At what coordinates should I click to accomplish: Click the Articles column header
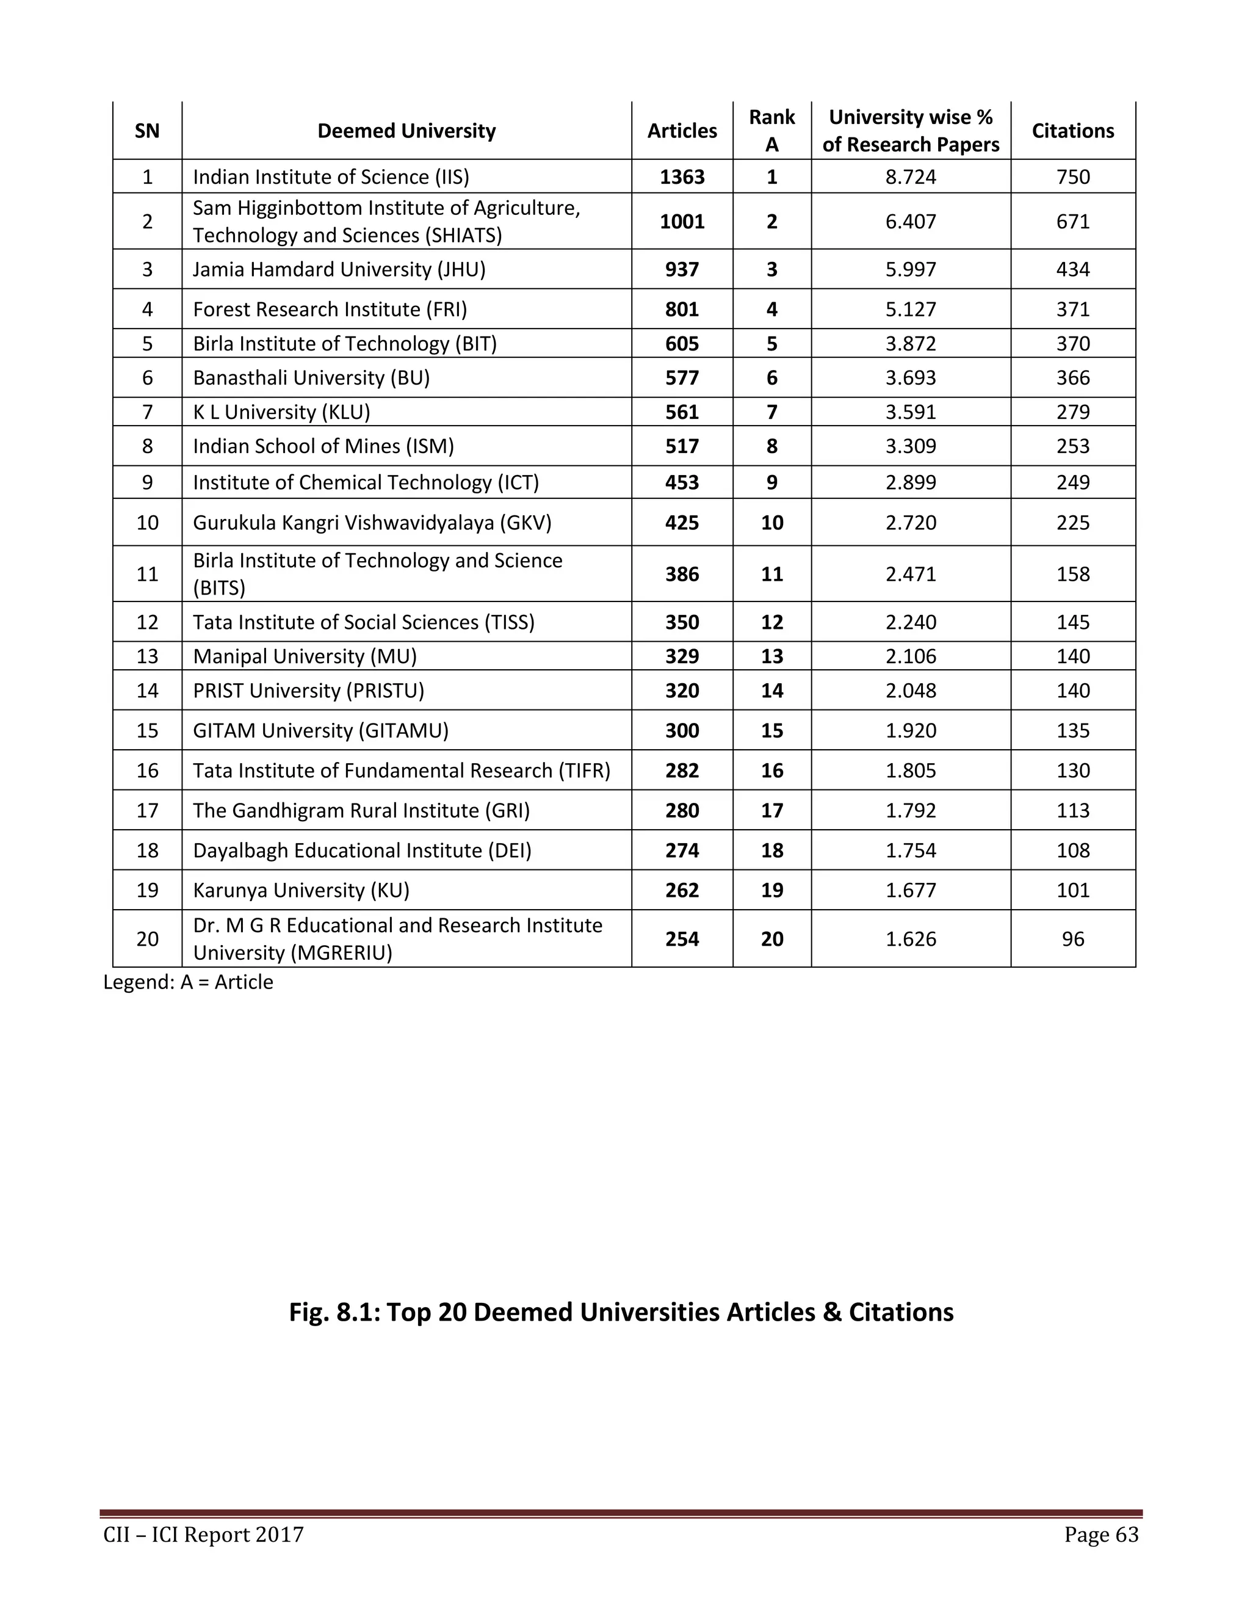(x=681, y=131)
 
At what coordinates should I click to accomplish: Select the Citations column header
(x=1072, y=131)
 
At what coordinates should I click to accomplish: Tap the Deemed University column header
(x=406, y=131)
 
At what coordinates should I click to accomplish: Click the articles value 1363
(x=681, y=177)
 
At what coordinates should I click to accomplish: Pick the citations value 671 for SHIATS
(x=1072, y=222)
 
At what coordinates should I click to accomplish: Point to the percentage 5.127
(x=910, y=309)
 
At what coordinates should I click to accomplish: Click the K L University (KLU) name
(x=281, y=412)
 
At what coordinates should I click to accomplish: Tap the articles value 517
(x=681, y=446)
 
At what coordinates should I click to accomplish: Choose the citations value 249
(x=1072, y=482)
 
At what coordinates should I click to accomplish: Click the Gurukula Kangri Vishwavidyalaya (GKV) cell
(x=372, y=523)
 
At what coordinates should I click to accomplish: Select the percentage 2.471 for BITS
(x=910, y=574)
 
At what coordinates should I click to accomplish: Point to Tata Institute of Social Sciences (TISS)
(x=364, y=622)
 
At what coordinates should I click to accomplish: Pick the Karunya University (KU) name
(x=301, y=890)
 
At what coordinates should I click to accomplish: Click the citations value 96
(x=1072, y=940)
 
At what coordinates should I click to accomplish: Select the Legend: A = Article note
(x=188, y=982)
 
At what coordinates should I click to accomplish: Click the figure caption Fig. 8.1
(x=621, y=1312)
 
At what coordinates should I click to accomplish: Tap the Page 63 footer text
(x=1100, y=1534)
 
